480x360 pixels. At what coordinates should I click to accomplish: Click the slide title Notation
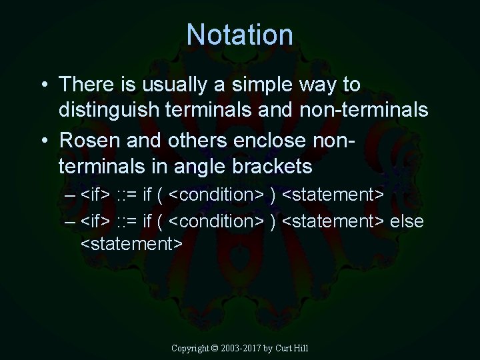[239, 35]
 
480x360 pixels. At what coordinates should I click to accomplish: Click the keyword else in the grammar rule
[407, 221]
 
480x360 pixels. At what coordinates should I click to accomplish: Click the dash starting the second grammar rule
[71, 221]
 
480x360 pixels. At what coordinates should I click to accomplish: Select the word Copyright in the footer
[190, 348]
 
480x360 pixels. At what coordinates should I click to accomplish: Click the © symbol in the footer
[215, 348]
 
